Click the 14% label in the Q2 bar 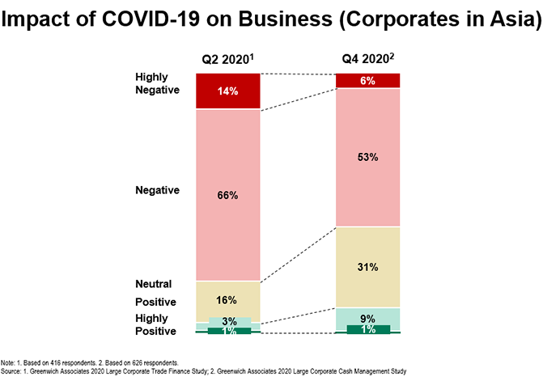pos(228,91)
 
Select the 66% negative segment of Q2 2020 pos(228,196)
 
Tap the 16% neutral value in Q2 pos(228,300)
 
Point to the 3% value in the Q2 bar pos(228,321)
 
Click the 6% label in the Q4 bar pos(367,81)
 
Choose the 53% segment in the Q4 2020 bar pos(367,158)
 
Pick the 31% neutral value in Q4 pos(367,267)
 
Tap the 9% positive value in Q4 pos(367,319)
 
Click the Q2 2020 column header pos(227,59)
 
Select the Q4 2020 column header pos(367,59)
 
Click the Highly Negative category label pos(156,83)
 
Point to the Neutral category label pos(151,285)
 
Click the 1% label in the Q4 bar pos(367,329)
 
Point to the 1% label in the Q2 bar pos(228,331)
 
